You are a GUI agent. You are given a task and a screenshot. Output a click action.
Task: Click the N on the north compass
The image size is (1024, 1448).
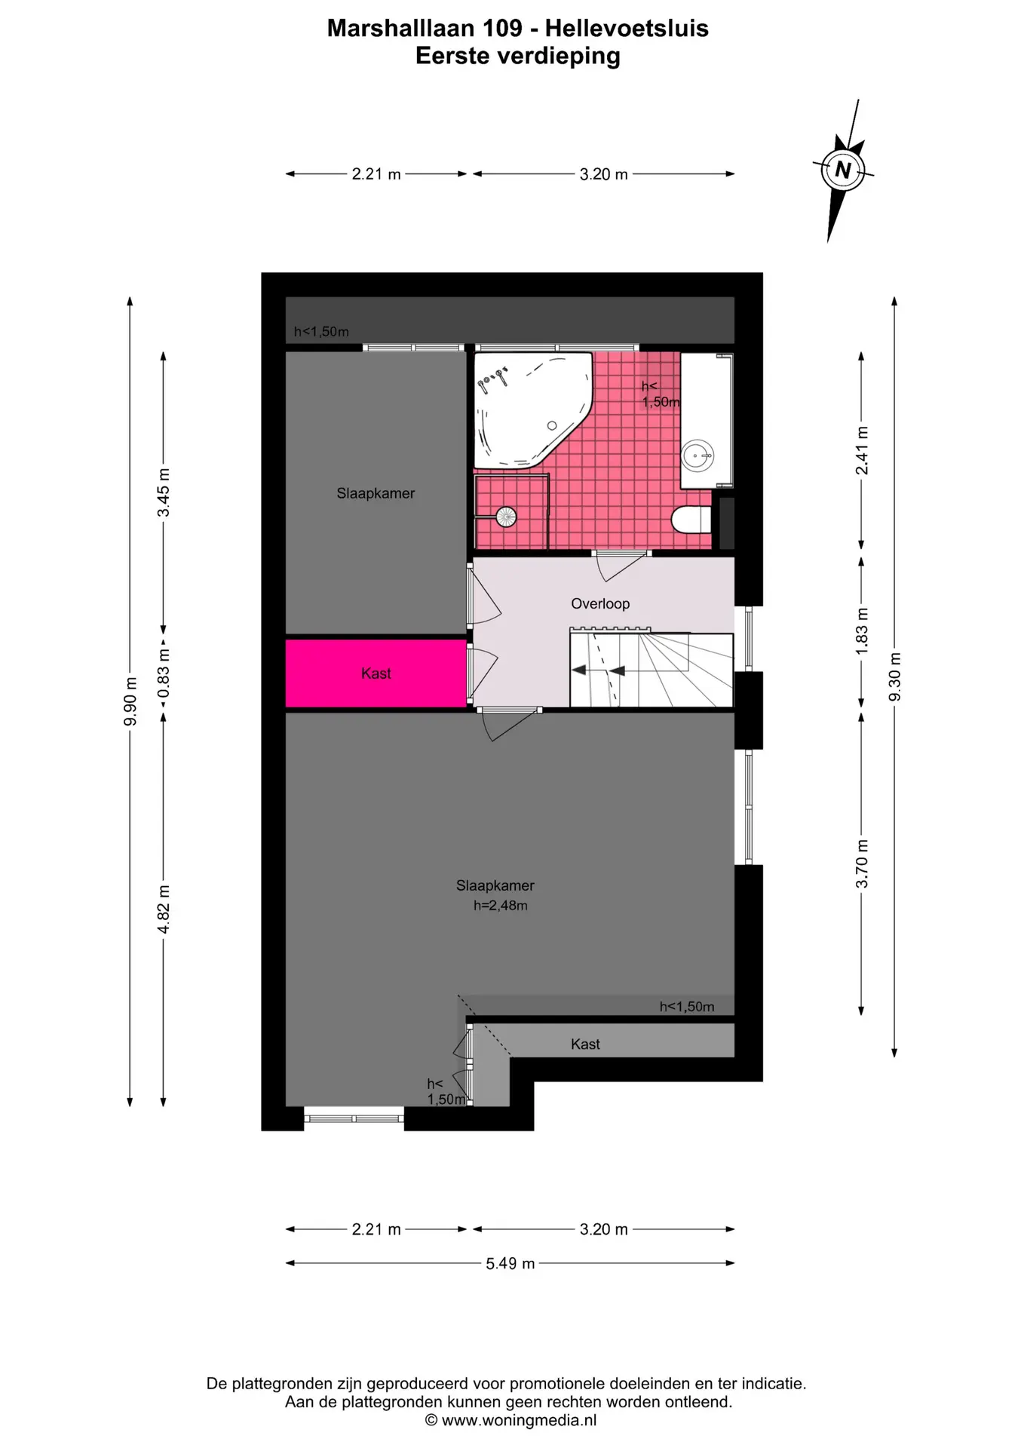pos(843,170)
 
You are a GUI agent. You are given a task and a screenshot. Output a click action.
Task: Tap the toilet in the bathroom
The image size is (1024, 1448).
pos(691,520)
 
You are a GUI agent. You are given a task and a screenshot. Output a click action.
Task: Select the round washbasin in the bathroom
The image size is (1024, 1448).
pos(697,456)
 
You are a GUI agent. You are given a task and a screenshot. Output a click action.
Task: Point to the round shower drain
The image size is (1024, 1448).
pos(505,517)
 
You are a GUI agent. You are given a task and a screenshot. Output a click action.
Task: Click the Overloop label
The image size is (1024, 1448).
pos(600,603)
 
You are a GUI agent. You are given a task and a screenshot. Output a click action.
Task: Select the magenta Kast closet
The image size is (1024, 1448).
pos(376,673)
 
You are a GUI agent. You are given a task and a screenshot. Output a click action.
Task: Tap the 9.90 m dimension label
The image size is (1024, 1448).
pos(130,701)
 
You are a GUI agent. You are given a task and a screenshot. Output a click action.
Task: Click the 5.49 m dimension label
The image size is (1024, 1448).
pos(510,1263)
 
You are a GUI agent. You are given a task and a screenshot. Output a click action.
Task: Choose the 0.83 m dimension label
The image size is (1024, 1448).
pos(164,673)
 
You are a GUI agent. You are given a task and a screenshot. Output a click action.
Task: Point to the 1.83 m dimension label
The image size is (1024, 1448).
pos(862,630)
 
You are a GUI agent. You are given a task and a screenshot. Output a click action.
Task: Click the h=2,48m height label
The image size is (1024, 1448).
pos(501,906)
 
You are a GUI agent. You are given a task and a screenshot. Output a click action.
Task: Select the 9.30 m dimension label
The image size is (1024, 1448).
pos(895,676)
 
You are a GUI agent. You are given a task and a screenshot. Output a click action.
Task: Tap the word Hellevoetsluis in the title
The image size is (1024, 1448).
pos(627,28)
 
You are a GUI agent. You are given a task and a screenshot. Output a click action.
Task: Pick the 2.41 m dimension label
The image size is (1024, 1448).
pos(862,451)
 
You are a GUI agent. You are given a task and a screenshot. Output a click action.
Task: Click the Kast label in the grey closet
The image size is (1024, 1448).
pos(585,1044)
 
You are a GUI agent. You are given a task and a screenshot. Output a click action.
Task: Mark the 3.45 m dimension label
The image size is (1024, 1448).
pos(164,493)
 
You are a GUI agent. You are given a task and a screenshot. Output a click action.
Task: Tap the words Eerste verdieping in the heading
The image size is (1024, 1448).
pos(518,56)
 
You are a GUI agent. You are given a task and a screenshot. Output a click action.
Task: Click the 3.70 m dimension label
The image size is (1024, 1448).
pos(862,864)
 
